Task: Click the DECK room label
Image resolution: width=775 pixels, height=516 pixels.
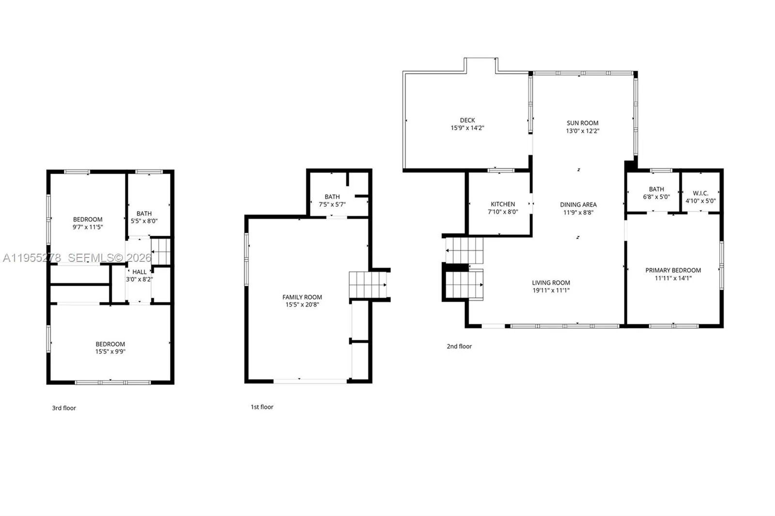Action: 467,121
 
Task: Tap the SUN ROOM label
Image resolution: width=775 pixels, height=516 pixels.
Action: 582,123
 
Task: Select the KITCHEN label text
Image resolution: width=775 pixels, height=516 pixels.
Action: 503,204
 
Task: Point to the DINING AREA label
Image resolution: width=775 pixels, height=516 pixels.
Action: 578,205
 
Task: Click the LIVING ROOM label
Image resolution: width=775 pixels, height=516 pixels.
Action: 551,283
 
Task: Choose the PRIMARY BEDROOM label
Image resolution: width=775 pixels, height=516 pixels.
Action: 673,271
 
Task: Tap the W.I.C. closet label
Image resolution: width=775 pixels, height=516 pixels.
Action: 700,193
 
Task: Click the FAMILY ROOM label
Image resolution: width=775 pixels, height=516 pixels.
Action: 302,297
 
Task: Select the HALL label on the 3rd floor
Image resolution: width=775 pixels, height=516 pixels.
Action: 139,272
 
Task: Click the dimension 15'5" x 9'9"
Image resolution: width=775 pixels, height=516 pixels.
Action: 110,352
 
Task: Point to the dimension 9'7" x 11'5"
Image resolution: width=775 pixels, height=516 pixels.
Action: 88,227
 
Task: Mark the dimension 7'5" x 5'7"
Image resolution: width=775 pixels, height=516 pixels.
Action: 332,204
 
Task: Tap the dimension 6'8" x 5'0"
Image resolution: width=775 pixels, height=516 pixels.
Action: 656,197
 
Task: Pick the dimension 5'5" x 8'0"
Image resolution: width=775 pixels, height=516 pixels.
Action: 144,221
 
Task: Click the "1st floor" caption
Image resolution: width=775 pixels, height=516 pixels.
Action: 262,407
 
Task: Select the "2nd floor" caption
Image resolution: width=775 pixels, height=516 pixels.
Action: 459,346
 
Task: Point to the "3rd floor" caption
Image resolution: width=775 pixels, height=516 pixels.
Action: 64,408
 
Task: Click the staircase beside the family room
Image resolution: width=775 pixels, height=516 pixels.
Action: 368,285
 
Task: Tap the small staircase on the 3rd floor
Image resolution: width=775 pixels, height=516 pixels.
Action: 160,251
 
